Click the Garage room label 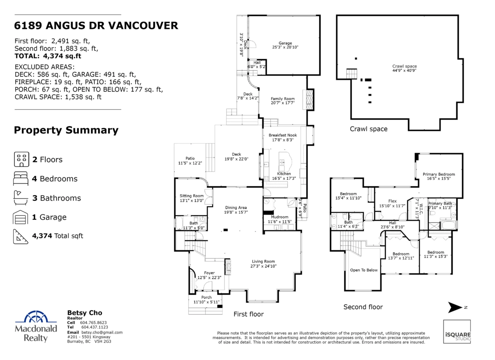tap(285, 43)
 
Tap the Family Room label tap(283, 99)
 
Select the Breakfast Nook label tap(283, 135)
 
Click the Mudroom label tap(279, 217)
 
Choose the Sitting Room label tap(191, 196)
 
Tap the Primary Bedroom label tap(438, 174)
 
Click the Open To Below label tap(364, 270)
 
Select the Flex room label tap(392, 201)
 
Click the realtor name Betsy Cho tap(84, 313)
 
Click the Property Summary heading tap(66, 131)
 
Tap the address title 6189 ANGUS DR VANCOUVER tap(96, 26)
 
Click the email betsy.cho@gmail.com tap(102, 332)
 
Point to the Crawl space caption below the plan tap(368, 129)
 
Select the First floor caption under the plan tap(248, 314)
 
